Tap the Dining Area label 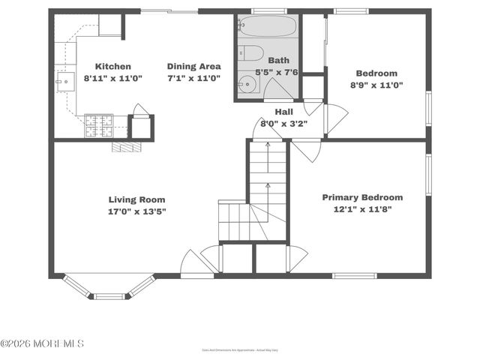click(193, 66)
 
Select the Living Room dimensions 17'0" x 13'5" click(136, 211)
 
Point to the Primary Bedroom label click(362, 197)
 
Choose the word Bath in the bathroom click(278, 61)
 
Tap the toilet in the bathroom click(252, 52)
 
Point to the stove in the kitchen click(98, 125)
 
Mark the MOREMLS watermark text click(42, 343)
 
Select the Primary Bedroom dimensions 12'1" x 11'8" click(362, 209)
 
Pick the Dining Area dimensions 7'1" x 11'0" click(193, 78)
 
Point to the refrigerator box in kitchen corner click(110, 25)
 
